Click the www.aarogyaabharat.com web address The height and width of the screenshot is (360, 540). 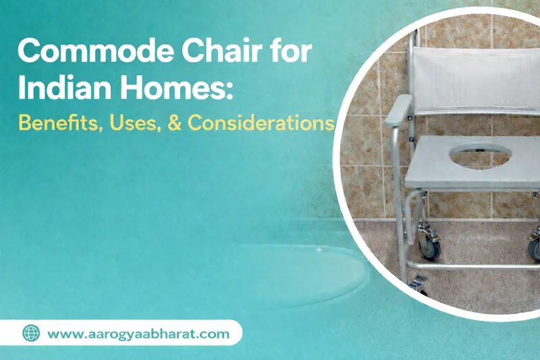click(138, 333)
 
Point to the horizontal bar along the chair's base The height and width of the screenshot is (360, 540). click(473, 267)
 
